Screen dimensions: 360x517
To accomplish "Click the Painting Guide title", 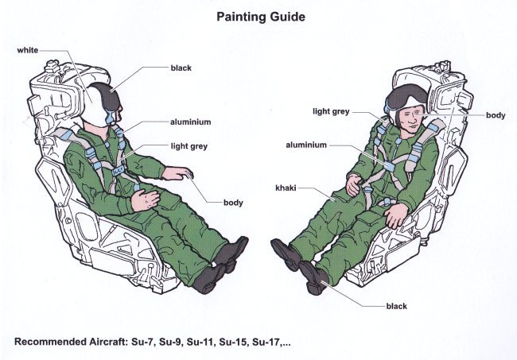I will coord(258,15).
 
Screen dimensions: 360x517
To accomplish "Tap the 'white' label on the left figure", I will coord(28,51).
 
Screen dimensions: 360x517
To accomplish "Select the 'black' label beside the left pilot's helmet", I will coord(182,69).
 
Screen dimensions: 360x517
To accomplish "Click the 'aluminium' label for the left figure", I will coord(190,122).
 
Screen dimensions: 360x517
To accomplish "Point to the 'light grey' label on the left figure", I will coord(189,146).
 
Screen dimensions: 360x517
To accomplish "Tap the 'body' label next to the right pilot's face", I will coord(496,115).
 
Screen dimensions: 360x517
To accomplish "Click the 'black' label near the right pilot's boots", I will coord(396,305).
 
